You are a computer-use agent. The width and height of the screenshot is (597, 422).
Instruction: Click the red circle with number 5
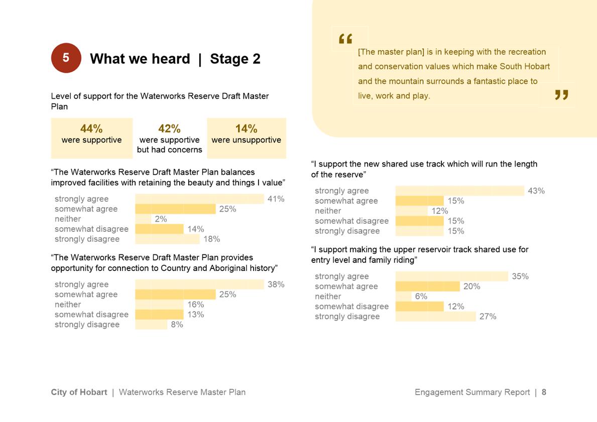click(x=66, y=58)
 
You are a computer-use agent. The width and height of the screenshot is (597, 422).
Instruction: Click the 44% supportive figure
click(x=91, y=129)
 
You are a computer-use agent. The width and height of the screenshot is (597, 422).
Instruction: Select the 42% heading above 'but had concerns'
click(x=169, y=129)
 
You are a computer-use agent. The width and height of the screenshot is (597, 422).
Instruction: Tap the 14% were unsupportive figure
click(x=246, y=129)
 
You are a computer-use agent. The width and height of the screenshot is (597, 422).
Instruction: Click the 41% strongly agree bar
click(x=199, y=199)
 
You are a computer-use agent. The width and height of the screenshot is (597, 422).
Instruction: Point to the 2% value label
click(x=161, y=219)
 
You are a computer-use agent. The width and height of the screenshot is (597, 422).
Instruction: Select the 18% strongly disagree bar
click(x=167, y=239)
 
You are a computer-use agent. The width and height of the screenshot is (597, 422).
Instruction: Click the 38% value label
click(x=276, y=284)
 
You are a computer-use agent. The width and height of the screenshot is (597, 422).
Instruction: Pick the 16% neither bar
click(x=160, y=304)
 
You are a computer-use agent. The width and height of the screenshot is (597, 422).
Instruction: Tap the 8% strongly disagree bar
click(x=151, y=324)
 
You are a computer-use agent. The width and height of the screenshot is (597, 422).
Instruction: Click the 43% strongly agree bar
click(x=459, y=191)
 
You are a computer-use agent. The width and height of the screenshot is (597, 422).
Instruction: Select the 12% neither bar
click(x=412, y=211)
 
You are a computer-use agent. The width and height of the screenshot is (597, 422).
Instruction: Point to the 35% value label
click(x=520, y=276)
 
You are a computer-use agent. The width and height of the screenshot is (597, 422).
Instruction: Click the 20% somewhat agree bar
click(x=427, y=286)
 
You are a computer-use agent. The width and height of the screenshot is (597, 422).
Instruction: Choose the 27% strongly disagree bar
click(x=435, y=316)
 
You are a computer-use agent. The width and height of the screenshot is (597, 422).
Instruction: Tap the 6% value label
click(x=421, y=296)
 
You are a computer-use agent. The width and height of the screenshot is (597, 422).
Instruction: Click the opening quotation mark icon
click(x=345, y=39)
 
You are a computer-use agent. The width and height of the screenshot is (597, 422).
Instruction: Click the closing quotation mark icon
click(x=561, y=95)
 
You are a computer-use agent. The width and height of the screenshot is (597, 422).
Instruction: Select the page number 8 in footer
click(x=544, y=392)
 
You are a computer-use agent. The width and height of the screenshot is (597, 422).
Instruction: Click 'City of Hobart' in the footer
click(x=79, y=392)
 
